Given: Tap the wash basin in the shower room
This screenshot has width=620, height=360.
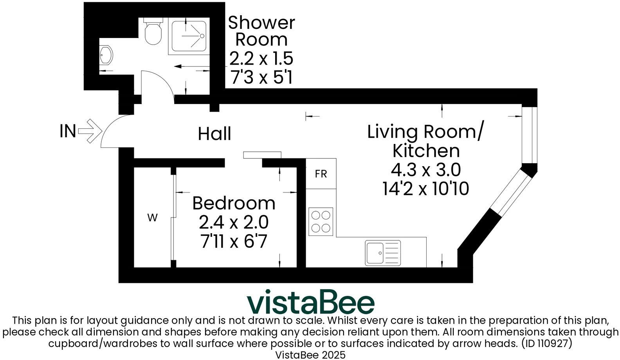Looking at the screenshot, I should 106,56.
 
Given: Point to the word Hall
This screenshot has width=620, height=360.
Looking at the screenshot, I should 214,134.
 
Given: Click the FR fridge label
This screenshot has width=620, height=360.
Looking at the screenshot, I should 321,174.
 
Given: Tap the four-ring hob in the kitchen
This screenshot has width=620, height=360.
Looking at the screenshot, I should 321,221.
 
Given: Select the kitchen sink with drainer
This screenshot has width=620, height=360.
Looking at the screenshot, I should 383,252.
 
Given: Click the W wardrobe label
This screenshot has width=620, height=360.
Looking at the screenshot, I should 152,218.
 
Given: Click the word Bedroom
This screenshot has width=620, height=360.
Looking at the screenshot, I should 234,203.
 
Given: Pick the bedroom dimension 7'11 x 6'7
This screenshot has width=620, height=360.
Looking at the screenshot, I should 234,241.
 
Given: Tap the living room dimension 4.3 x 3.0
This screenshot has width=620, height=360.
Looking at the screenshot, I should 425,170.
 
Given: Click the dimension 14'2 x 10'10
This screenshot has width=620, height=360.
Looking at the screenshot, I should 425,189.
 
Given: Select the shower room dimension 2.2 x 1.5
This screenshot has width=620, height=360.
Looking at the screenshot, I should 261,59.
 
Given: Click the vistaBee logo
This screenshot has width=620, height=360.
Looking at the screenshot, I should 310,302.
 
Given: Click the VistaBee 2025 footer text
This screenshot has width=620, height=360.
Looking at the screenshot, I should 310,355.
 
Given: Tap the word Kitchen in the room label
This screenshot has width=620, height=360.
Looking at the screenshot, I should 425,151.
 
